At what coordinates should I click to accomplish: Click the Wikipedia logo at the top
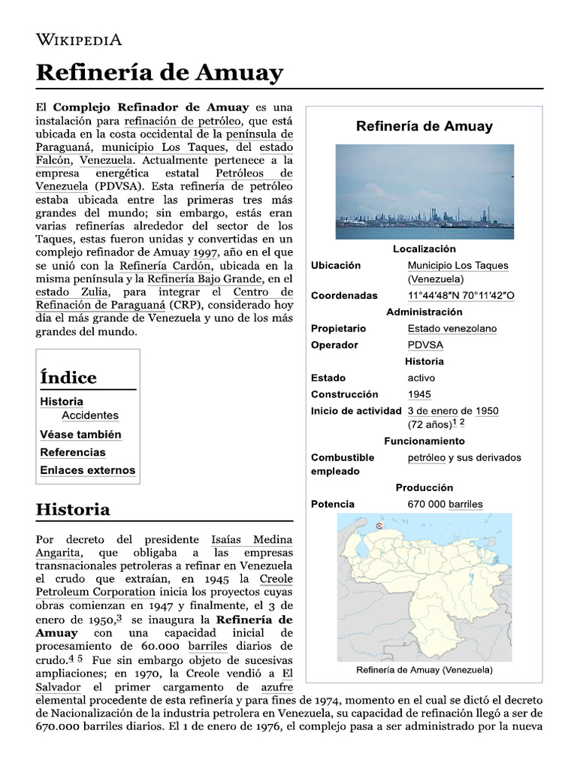point(79,40)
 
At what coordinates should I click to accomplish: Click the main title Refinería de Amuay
point(159,73)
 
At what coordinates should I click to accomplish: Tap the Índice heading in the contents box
point(68,377)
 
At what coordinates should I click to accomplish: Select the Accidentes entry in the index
point(90,415)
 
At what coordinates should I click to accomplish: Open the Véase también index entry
point(80,434)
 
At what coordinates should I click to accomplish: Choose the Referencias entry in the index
point(73,452)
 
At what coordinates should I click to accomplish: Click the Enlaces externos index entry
point(88,470)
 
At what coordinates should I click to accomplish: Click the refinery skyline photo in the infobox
point(424,191)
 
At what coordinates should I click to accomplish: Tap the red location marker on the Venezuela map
point(379,526)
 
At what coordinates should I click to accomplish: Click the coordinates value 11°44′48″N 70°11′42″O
point(461,295)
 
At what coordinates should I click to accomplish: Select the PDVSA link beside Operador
point(425,345)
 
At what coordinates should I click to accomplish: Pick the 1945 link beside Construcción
point(419,394)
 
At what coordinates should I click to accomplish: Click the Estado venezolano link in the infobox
point(452,328)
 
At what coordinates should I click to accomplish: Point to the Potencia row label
point(333,504)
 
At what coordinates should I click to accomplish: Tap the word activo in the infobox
point(421,378)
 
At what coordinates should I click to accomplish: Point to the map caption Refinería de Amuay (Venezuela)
point(424,669)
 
